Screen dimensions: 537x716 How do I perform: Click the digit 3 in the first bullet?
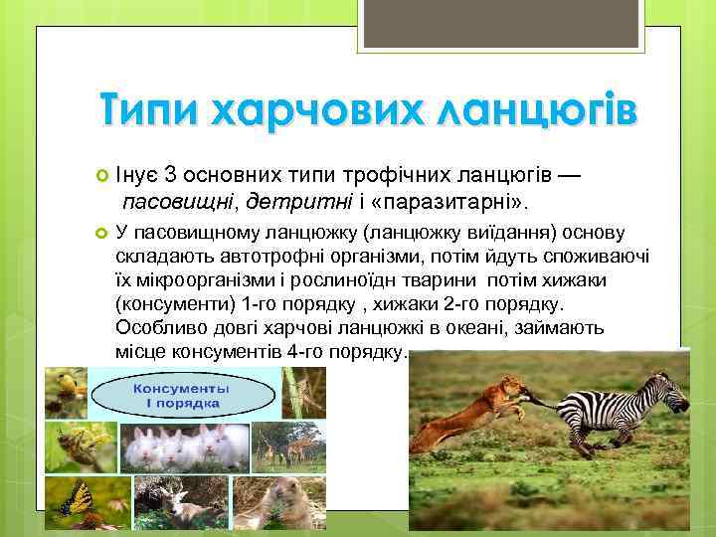pyautogui.click(x=172, y=177)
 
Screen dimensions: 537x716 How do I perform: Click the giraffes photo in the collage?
pyautogui.click(x=288, y=447)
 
